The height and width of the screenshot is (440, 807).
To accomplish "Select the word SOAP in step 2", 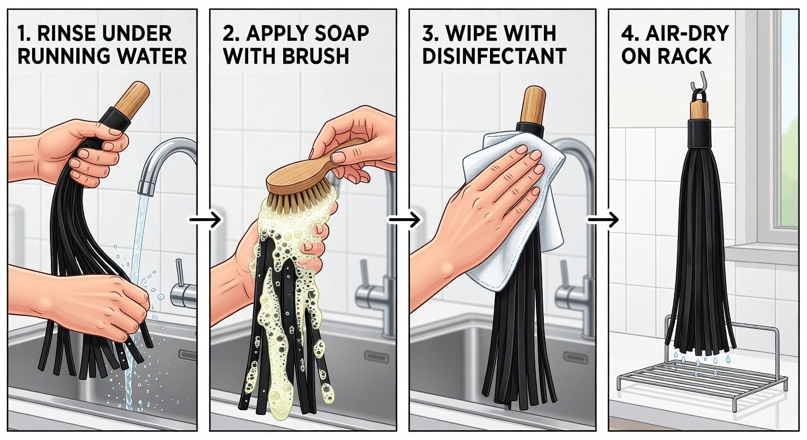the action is (339, 33).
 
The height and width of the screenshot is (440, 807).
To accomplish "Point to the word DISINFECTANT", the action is (494, 56).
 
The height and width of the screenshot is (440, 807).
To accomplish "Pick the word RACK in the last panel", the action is (685, 56).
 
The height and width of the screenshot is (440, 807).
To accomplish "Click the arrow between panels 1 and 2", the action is (205, 219).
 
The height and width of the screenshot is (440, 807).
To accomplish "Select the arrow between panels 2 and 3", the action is (404, 219).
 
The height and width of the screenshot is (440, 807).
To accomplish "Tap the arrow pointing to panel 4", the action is (604, 219).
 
